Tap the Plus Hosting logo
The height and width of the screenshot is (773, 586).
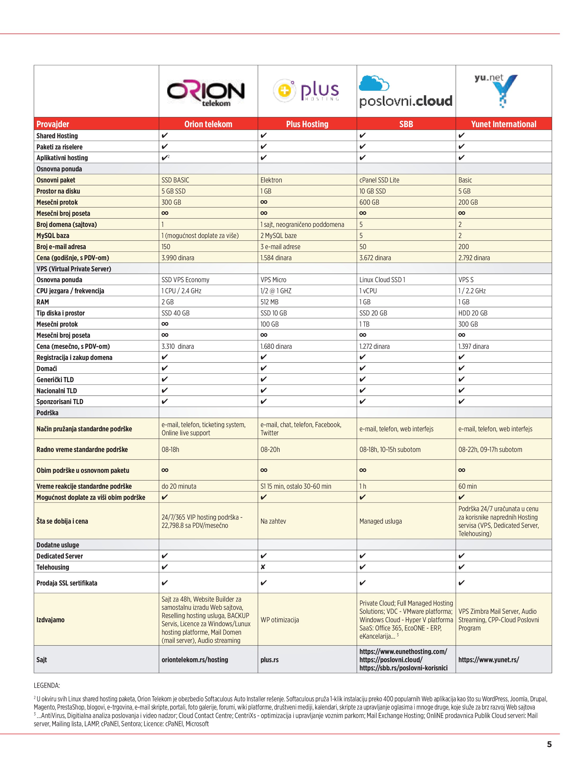(306, 90)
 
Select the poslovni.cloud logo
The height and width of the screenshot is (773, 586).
(406, 91)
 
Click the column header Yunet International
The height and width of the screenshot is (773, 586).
(503, 124)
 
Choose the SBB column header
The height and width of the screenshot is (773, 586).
(406, 124)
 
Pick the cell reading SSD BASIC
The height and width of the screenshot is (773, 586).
(175, 180)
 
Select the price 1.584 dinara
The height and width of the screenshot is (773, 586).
(276, 258)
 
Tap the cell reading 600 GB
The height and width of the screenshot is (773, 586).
(369, 202)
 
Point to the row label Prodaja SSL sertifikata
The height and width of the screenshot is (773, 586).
(67, 583)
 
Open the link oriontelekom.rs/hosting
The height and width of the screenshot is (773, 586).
(195, 660)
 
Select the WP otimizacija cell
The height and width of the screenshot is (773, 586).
(280, 620)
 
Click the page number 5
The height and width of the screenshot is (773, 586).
(549, 745)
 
